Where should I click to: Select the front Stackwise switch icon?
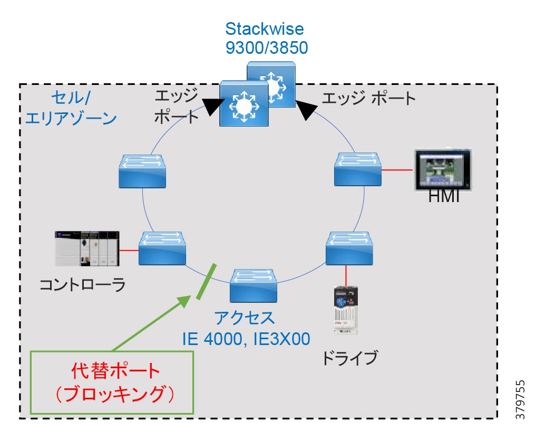pos(244,103)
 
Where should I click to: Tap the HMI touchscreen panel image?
pos(441,169)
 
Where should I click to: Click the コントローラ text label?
pos(83,285)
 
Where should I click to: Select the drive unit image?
pos(346,310)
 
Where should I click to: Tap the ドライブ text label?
pos(349,357)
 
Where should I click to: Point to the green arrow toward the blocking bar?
pos(150,324)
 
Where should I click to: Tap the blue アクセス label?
pos(244,318)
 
